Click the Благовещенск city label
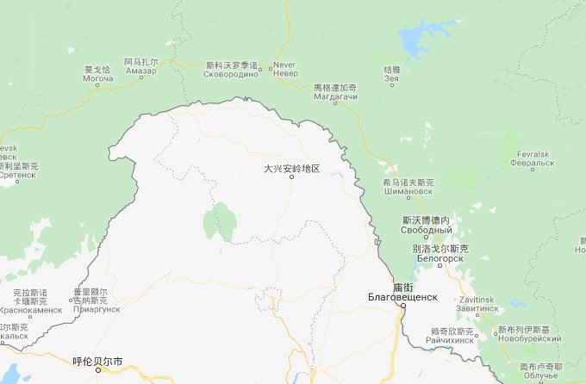coord(402,296)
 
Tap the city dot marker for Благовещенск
coord(401,306)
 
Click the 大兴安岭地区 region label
coord(292,169)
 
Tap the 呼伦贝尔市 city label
coord(97,361)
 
